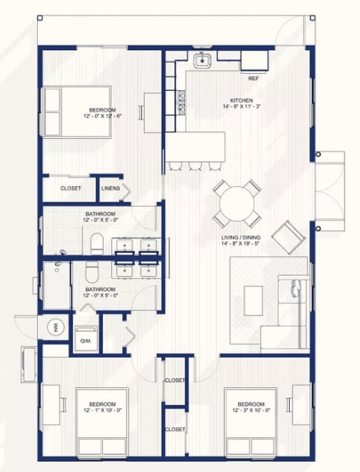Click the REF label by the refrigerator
pos(254,78)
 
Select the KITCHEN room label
pos(241,100)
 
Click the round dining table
pos(237,203)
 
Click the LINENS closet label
pos(111,188)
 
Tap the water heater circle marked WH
pos(56,327)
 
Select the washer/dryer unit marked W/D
pos(86,338)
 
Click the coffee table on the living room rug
pos(253,301)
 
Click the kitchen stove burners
pos(181,103)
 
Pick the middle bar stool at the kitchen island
pos(195,166)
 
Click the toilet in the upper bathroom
pos(97,244)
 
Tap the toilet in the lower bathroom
pos(92,272)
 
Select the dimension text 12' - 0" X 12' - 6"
pos(103,116)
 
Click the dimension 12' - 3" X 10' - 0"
pos(251,410)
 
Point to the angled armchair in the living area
pos(288,237)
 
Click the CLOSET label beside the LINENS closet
pos(71,188)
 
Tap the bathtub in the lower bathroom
pos(57,285)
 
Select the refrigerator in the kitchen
pos(254,61)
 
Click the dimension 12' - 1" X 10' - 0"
pos(103,410)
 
